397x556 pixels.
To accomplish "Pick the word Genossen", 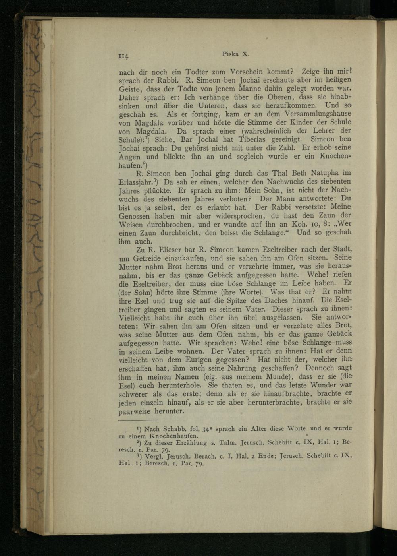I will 135,216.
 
